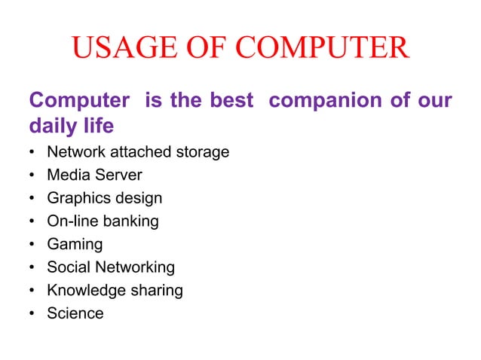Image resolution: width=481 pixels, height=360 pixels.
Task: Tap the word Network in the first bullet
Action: (x=77, y=152)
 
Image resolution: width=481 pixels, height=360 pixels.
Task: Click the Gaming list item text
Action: (x=75, y=245)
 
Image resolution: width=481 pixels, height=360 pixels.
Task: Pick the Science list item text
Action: (x=75, y=313)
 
